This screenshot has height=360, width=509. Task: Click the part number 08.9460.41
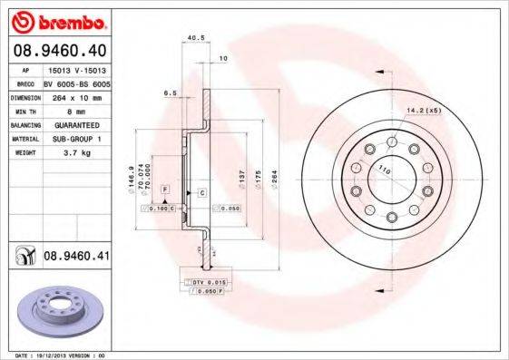76,257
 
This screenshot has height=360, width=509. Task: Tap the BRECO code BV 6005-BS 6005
77,81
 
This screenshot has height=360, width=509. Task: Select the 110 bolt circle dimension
383,170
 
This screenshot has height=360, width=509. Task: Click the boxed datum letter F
165,188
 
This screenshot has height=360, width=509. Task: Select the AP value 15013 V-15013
75,68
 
